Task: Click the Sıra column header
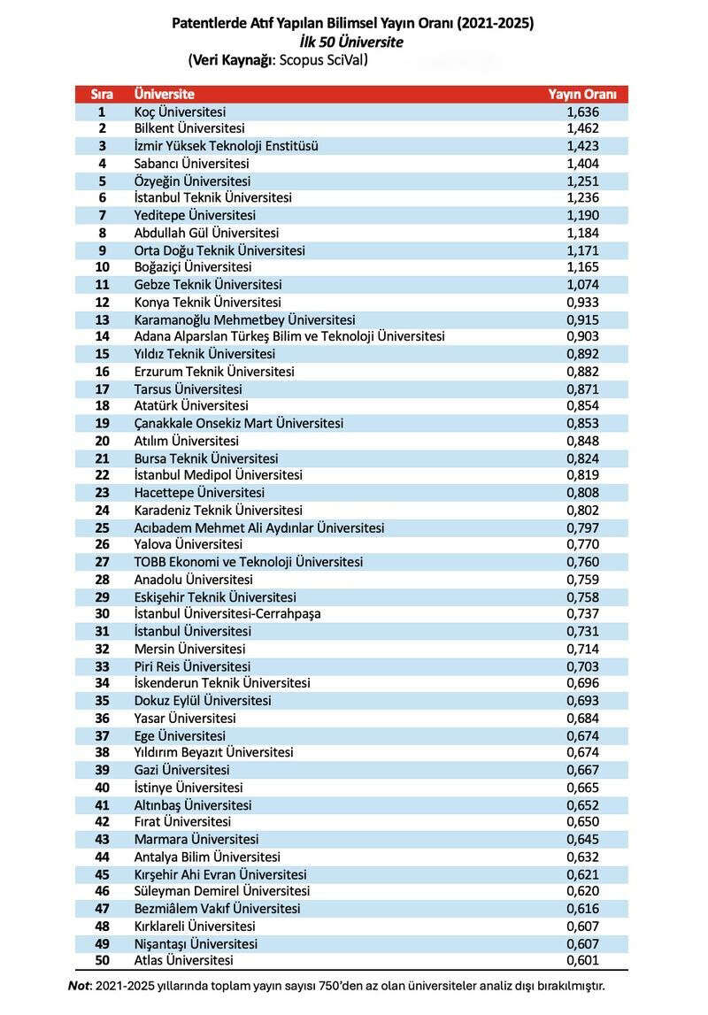coord(102,94)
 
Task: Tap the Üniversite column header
coord(165,94)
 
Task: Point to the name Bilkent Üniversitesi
coord(189,128)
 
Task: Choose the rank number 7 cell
coord(102,215)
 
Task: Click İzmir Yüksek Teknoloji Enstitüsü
coord(226,146)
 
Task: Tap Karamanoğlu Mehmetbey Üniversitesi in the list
coord(244,319)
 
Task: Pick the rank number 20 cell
coord(102,441)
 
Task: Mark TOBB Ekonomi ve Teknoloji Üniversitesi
coord(248,562)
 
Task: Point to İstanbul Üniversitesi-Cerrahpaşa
coord(227,614)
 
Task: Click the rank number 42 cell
coord(102,822)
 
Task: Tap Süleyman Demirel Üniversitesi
coord(221,891)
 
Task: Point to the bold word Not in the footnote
coord(79,986)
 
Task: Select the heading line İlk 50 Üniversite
coord(351,42)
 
